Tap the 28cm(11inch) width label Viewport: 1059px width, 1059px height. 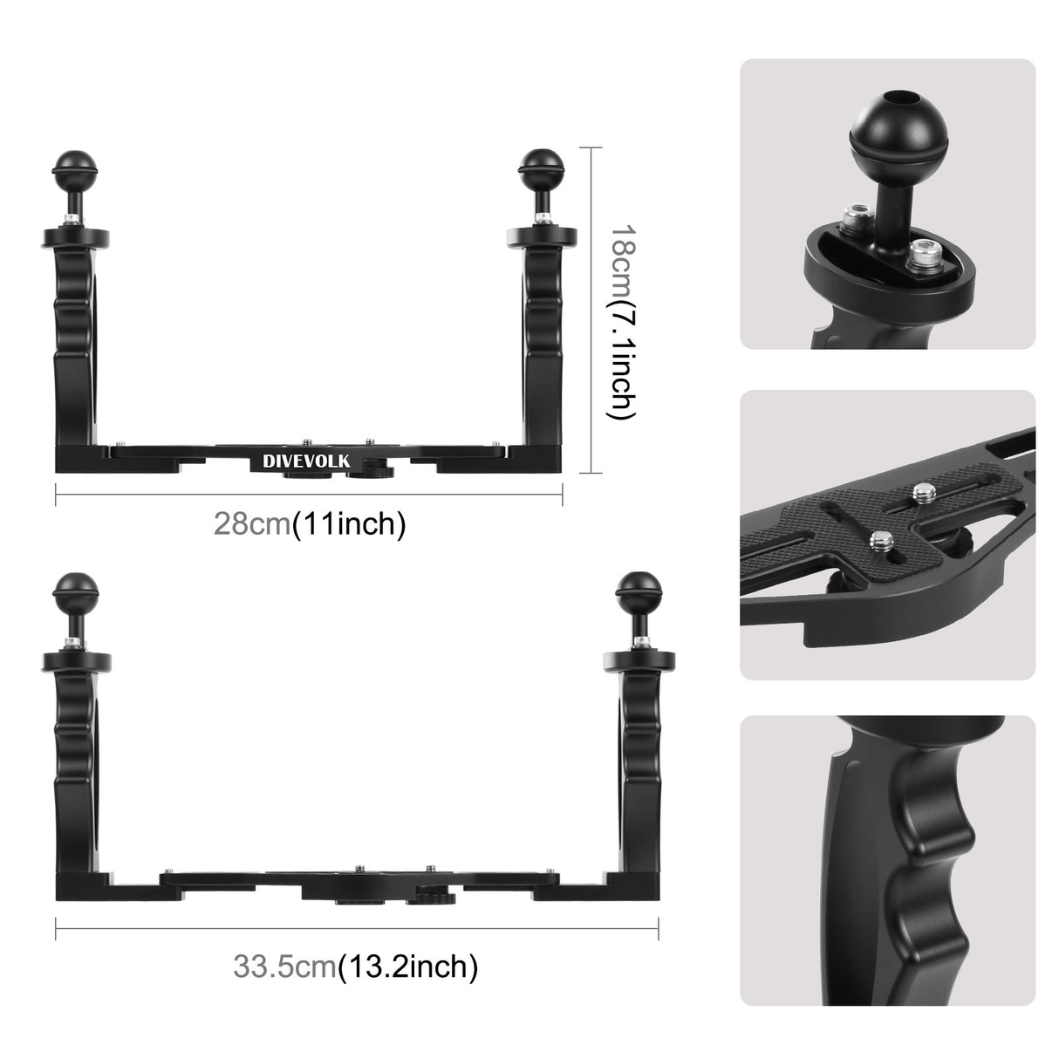click(310, 524)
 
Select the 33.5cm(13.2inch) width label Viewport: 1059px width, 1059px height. click(355, 966)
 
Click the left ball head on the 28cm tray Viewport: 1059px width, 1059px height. click(69, 165)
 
